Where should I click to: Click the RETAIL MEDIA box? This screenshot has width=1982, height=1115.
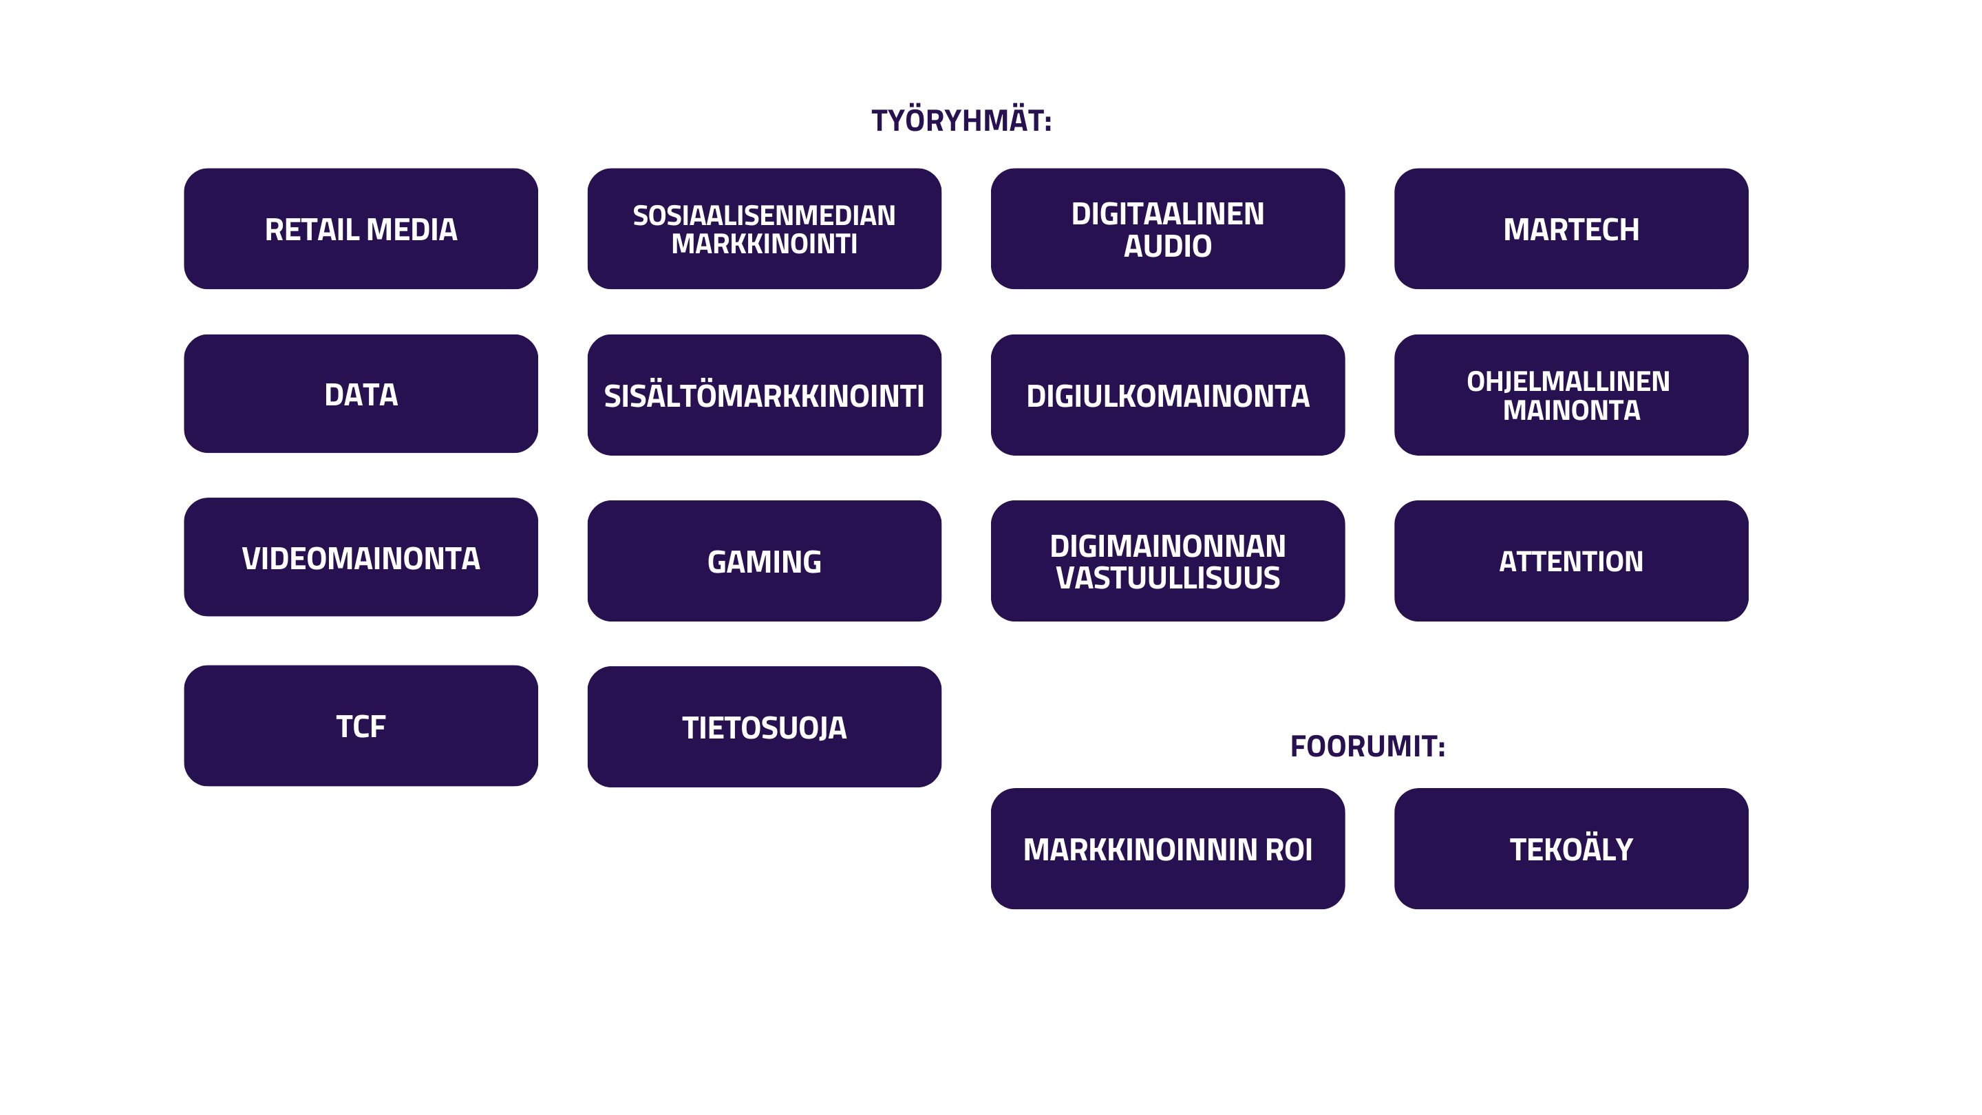pyautogui.click(x=361, y=229)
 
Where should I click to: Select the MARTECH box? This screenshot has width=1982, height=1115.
pyautogui.click(x=1571, y=229)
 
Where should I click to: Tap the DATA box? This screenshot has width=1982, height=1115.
pyautogui.click(x=361, y=393)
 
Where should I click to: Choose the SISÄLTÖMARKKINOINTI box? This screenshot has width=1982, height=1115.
pyautogui.click(x=764, y=395)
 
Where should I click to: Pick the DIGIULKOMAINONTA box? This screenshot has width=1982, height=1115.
pyautogui.click(x=1168, y=395)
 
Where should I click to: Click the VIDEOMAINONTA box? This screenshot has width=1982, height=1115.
pyautogui.click(x=361, y=557)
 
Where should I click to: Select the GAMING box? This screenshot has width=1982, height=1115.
pyautogui.click(x=764, y=561)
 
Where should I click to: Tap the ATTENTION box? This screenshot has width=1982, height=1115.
pyautogui.click(x=1571, y=561)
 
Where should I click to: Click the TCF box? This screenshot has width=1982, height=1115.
pyautogui.click(x=361, y=725)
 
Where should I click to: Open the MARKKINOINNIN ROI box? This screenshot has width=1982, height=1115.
pyautogui.click(x=1168, y=849)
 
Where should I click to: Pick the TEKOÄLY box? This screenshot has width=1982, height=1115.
pyautogui.click(x=1571, y=849)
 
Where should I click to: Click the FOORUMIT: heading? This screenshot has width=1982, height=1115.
pyautogui.click(x=1368, y=746)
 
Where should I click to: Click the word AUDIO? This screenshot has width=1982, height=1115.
pyautogui.click(x=1168, y=246)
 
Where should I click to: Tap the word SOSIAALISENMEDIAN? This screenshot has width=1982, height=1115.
pyautogui.click(x=764, y=215)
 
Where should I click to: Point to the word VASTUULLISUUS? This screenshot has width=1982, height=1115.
pyautogui.click(x=1168, y=578)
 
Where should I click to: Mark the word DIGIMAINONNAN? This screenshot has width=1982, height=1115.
pyautogui.click(x=1168, y=546)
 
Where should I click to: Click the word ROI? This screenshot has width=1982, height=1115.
pyautogui.click(x=1289, y=849)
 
